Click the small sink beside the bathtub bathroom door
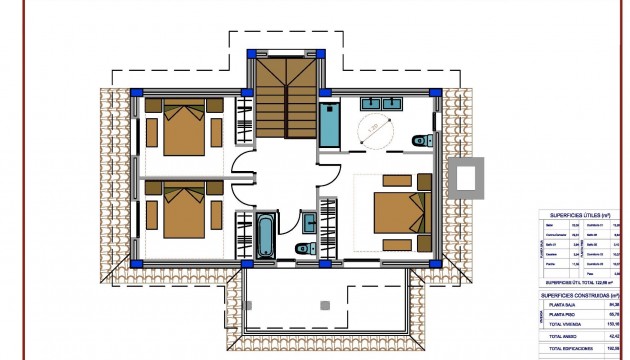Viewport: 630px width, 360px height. (309, 219)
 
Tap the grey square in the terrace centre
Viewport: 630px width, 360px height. (323, 304)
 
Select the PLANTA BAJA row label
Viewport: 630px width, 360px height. (566, 306)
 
